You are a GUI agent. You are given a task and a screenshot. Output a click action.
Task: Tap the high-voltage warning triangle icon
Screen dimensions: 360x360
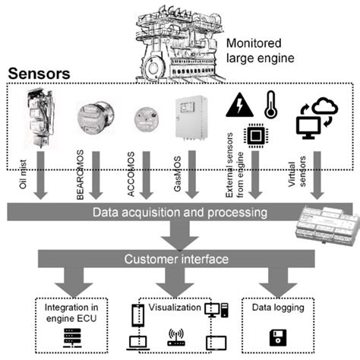(236, 104)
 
